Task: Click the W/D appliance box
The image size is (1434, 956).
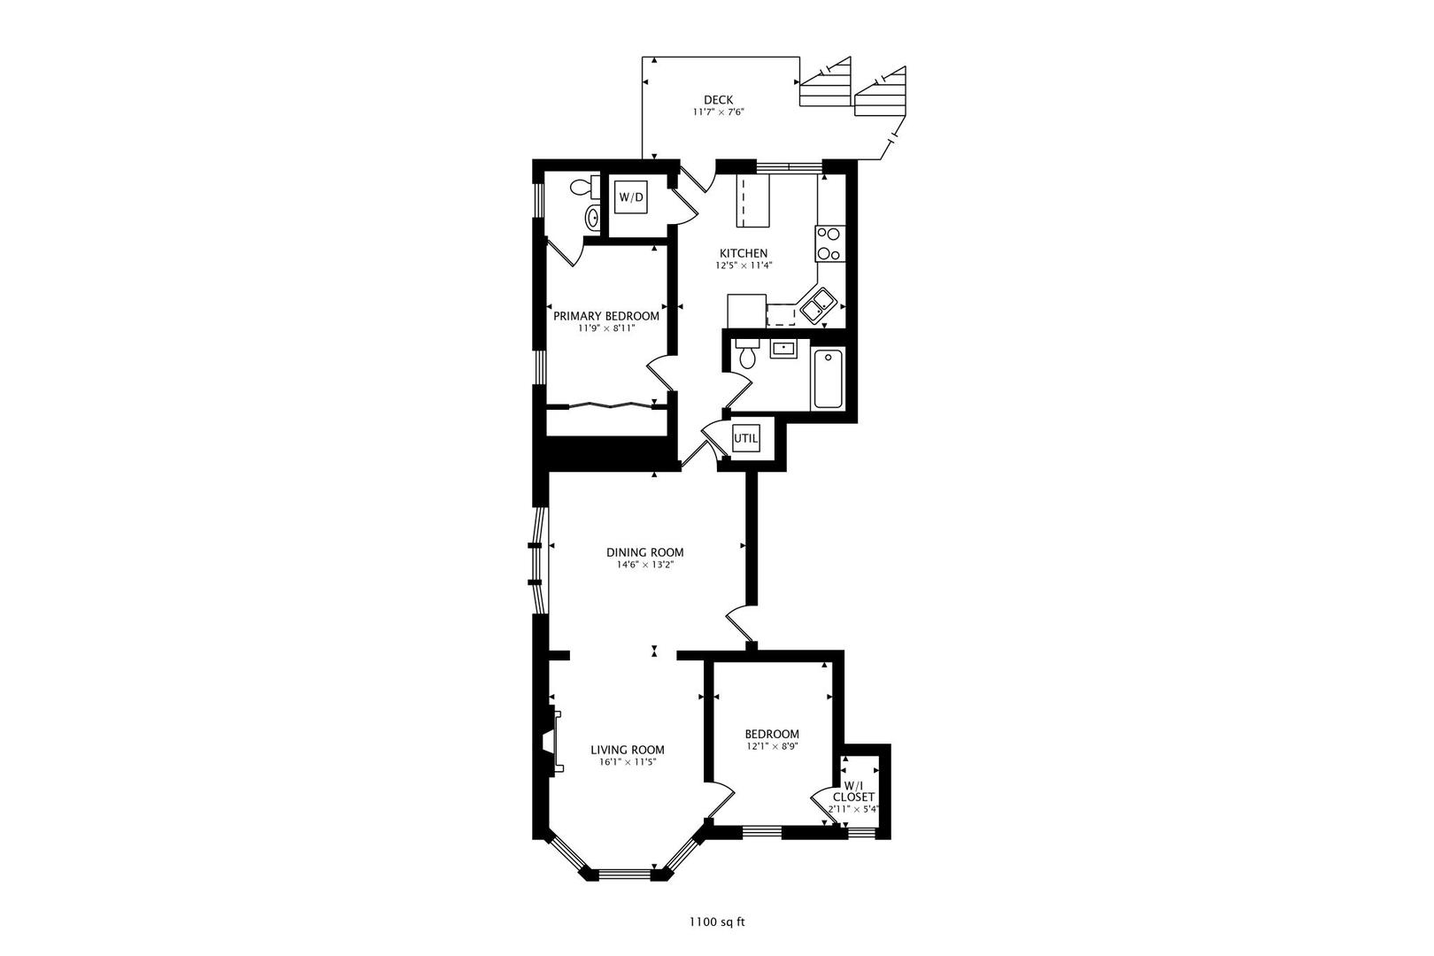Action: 630,197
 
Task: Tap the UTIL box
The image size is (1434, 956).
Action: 745,437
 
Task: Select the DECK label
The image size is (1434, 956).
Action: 718,100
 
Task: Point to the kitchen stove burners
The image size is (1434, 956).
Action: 829,243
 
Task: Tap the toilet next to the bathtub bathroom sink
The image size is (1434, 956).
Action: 747,355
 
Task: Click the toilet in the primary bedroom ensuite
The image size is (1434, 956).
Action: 582,188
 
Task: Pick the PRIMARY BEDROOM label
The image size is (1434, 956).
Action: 606,316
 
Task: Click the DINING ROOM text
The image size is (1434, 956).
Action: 644,552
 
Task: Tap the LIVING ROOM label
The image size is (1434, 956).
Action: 628,750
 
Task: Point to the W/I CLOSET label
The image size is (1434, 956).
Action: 853,791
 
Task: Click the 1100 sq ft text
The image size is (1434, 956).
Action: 717,921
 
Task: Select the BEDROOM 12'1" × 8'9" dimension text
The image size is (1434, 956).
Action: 771,746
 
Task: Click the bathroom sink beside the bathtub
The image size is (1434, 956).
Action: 783,349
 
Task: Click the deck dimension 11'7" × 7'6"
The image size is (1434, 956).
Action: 718,112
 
